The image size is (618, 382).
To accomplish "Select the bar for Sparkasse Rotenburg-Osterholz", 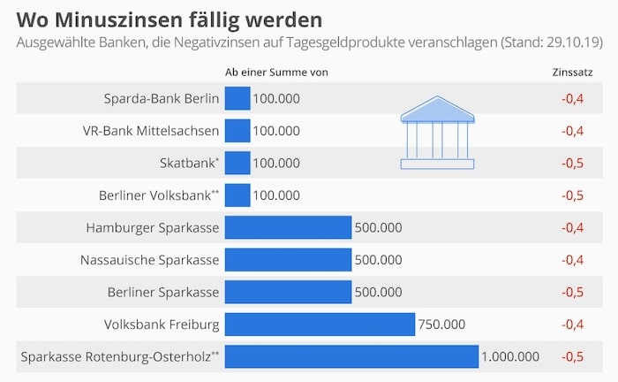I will pyautogui.click(x=351, y=356).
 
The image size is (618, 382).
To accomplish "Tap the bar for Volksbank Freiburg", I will pyautogui.click(x=320, y=325).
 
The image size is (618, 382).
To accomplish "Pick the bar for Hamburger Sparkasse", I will pyautogui.click(x=288, y=227).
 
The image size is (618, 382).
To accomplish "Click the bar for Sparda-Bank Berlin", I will pyautogui.click(x=237, y=98).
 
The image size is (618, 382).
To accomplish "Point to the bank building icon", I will pyautogui.click(x=437, y=134).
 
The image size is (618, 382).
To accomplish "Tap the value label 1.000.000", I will pyautogui.click(x=510, y=356).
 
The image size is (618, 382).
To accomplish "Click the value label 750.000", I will pyautogui.click(x=441, y=325).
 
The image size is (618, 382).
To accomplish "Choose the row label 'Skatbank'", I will pyautogui.click(x=189, y=163).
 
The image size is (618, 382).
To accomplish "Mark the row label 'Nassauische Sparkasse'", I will pyautogui.click(x=149, y=260).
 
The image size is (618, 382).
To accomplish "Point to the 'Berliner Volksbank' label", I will pyautogui.click(x=159, y=195).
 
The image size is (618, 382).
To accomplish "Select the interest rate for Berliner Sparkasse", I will pyautogui.click(x=573, y=292).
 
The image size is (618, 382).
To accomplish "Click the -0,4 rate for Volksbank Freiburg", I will pyautogui.click(x=573, y=325).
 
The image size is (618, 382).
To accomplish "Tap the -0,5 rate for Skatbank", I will pyautogui.click(x=573, y=163).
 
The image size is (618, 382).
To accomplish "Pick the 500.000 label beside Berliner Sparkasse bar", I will pyautogui.click(x=378, y=292).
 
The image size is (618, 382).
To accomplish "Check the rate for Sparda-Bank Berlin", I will pyautogui.click(x=573, y=98).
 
